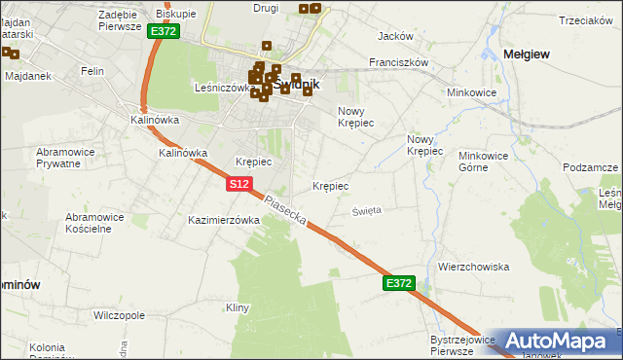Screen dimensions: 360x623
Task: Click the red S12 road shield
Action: pyautogui.click(x=241, y=183)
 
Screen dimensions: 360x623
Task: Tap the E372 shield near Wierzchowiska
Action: pyautogui.click(x=399, y=283)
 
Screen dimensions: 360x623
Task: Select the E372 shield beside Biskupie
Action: pyautogui.click(x=164, y=32)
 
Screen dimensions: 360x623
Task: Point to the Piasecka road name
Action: pyautogui.click(x=286, y=209)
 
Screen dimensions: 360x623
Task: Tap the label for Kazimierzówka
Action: pyautogui.click(x=224, y=221)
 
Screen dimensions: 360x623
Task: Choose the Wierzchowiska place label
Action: pyautogui.click(x=474, y=267)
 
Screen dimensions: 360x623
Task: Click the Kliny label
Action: pyautogui.click(x=238, y=307)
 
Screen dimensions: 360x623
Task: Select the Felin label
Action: pyautogui.click(x=93, y=71)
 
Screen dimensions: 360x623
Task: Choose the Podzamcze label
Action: pyautogui.click(x=591, y=167)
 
